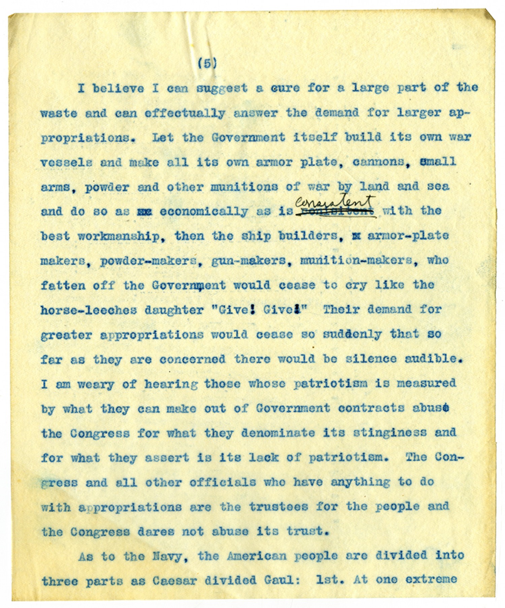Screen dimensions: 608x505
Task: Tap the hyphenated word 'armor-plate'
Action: pyautogui.click(x=408, y=236)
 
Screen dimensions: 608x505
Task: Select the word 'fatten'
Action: pyautogui.click(x=63, y=286)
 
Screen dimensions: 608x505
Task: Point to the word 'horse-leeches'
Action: pyautogui.click(x=89, y=310)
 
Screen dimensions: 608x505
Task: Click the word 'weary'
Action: pyautogui.click(x=96, y=384)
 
